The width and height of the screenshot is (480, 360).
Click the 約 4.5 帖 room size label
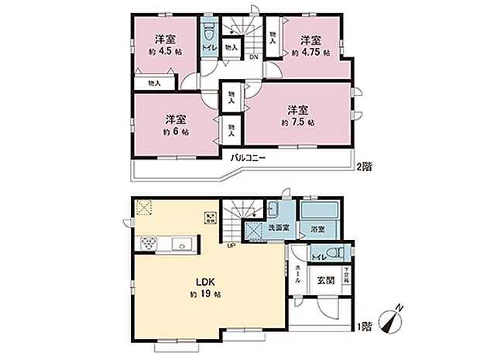[x=162, y=53]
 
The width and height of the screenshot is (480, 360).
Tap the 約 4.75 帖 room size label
[x=311, y=53]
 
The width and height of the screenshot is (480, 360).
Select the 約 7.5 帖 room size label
[x=298, y=122]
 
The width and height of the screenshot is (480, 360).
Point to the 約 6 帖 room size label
[x=176, y=132]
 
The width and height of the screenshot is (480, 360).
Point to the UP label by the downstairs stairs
[x=231, y=247]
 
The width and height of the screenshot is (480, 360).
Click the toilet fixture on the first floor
[x=334, y=252]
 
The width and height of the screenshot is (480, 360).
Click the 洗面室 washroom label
[x=278, y=229]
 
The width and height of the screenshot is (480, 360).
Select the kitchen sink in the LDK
[x=182, y=245]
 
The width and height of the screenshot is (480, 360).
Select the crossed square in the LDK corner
[x=143, y=206]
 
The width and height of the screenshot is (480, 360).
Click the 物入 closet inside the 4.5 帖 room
[x=154, y=83]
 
